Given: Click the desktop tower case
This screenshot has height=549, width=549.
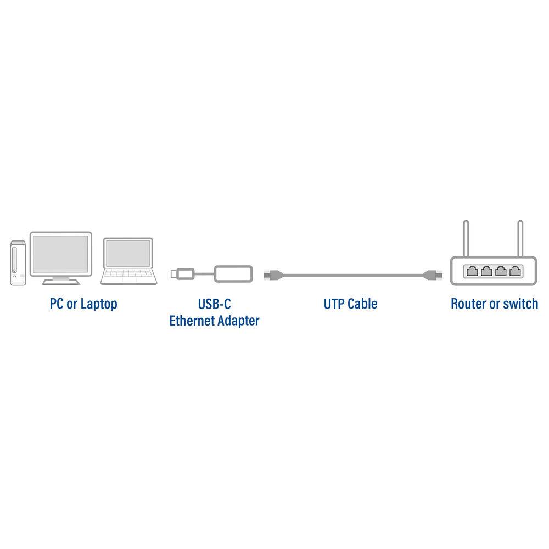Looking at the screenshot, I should pos(18,264).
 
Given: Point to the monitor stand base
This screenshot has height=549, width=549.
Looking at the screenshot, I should pos(60,282).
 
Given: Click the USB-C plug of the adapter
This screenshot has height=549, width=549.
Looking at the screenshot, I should pos(181,273).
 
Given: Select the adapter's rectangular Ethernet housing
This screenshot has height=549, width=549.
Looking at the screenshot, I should pos(233,273).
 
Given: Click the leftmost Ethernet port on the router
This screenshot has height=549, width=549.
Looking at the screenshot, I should pos(472,271).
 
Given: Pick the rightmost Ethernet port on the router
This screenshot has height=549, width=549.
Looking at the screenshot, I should pos(515,271).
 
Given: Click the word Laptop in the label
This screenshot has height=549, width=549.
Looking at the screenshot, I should pos(99,304).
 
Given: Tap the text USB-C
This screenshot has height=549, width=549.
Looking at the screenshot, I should pos(214,304).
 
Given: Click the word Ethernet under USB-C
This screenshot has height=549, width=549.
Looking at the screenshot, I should pos(192,321).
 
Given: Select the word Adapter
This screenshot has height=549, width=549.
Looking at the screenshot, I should pos(238,321).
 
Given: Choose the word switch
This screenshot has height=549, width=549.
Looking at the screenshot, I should pos(519,304).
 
